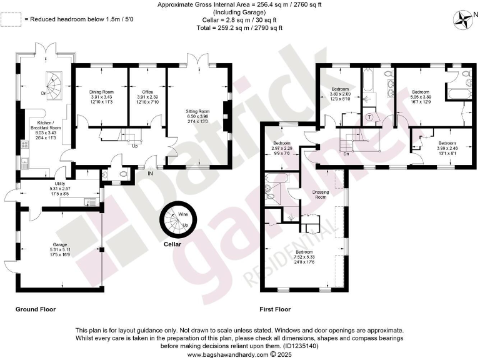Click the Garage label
coord(60,244)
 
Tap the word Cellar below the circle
coord(172,244)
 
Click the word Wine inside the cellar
coord(183,214)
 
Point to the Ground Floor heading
coord(36,309)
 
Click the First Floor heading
coord(275,309)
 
